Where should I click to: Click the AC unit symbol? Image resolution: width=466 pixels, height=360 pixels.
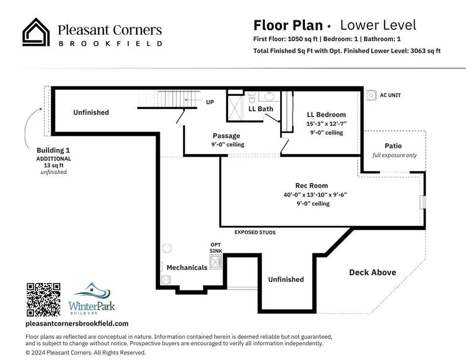click(371, 95)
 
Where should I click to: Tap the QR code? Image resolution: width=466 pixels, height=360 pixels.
click(43, 300)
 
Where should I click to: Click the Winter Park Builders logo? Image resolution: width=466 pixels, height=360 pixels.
click(92, 298)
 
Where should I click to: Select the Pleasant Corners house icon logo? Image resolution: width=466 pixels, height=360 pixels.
click(36, 32)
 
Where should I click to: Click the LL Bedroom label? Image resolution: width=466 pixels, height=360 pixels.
click(326, 115)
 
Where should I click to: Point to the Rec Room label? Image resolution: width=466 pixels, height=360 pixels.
click(311, 186)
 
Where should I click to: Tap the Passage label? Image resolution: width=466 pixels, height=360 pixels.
click(227, 136)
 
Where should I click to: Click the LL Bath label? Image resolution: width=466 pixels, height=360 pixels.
click(260, 109)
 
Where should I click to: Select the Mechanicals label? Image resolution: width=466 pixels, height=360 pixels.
click(187, 267)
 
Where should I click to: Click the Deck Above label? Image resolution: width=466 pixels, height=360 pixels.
click(372, 273)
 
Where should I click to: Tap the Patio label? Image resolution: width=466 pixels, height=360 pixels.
click(393, 146)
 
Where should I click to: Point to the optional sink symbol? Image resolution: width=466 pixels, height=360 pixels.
click(215, 262)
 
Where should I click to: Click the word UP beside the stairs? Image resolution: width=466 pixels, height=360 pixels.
click(210, 102)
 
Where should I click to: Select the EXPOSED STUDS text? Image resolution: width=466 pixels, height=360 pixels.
click(255, 232)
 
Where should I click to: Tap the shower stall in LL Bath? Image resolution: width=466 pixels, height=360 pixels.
click(236, 107)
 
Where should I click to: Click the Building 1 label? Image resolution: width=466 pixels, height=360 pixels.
click(53, 151)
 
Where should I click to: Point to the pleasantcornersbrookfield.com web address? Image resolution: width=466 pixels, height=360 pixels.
click(77, 323)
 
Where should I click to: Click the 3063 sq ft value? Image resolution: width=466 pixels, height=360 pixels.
click(425, 51)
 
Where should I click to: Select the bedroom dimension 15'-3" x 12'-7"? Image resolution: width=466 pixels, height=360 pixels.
click(326, 124)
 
